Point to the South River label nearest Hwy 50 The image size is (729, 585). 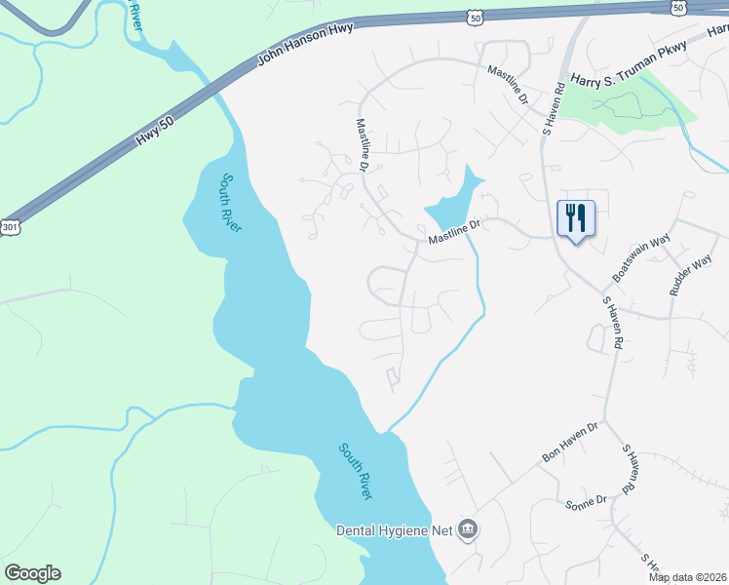tap(226, 202)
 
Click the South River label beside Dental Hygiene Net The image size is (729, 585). tap(356, 472)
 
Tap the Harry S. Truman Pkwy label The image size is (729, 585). tap(630, 64)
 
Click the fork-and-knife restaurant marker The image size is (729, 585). tap(575, 219)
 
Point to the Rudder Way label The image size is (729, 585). tap(690, 275)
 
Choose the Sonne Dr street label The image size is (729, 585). tap(586, 501)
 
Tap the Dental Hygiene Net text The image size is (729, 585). tap(395, 530)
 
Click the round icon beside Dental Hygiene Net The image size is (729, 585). tap(469, 529)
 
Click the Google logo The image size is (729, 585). tap(32, 573)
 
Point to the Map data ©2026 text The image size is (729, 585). tap(686, 576)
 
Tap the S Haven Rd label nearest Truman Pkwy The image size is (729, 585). tap(553, 105)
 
